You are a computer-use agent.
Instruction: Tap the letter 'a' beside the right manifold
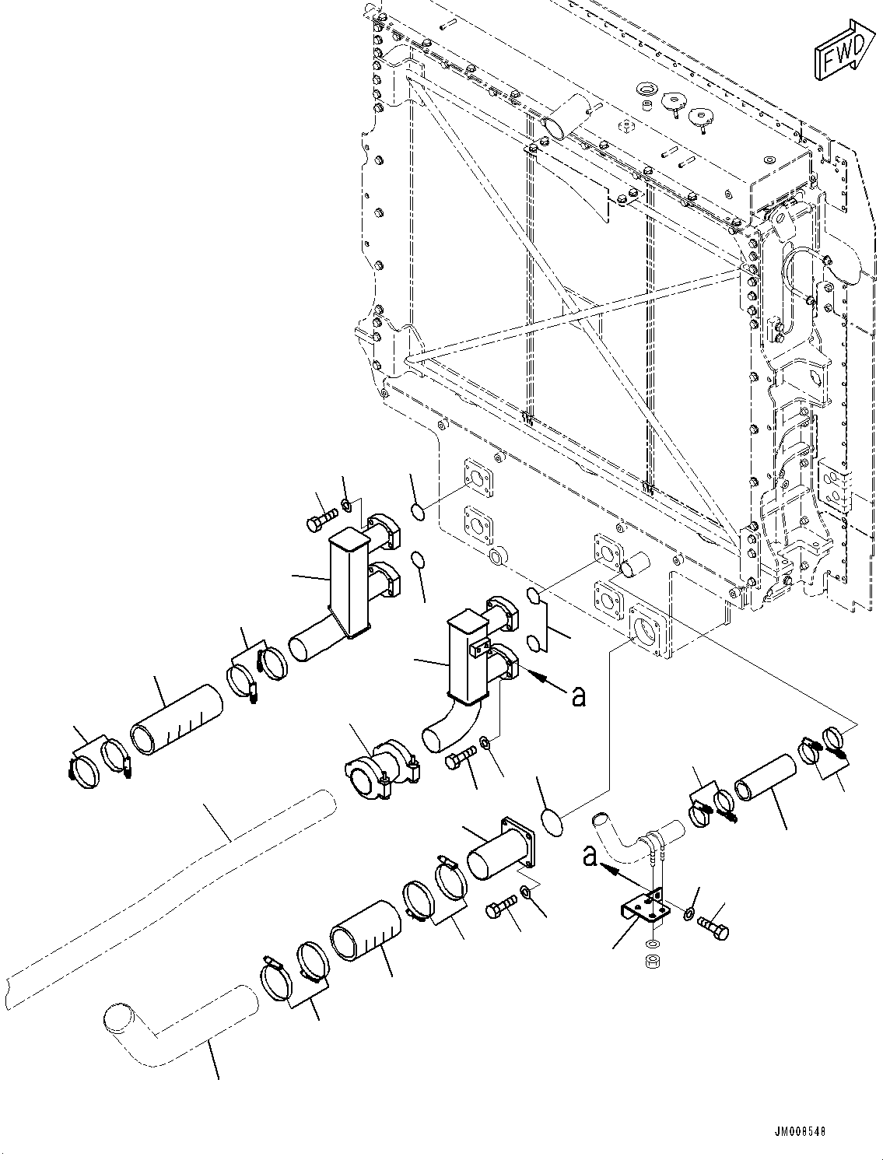(x=577, y=696)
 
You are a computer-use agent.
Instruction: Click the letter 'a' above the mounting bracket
(x=591, y=857)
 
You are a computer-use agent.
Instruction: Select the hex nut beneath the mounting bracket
(x=652, y=962)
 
